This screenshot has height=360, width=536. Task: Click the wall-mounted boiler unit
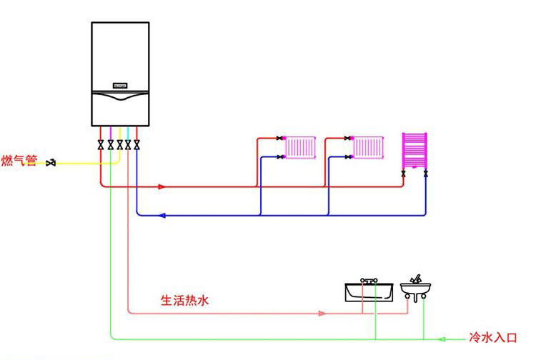(120, 71)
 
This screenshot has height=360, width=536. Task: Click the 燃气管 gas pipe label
(19, 161)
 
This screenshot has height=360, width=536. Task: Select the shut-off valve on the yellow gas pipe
(51, 164)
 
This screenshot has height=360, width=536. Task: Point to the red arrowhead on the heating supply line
(163, 187)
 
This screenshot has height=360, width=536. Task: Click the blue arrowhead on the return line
(162, 215)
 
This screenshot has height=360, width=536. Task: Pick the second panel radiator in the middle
(368, 148)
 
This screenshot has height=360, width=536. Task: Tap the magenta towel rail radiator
(415, 149)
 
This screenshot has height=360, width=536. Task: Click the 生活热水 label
(184, 301)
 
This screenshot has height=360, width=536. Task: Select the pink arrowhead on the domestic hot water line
(322, 313)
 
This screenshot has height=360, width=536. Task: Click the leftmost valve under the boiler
(101, 145)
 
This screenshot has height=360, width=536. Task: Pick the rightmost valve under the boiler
(137, 145)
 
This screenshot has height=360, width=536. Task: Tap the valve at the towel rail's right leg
(426, 172)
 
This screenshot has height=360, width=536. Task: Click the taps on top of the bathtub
(369, 281)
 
